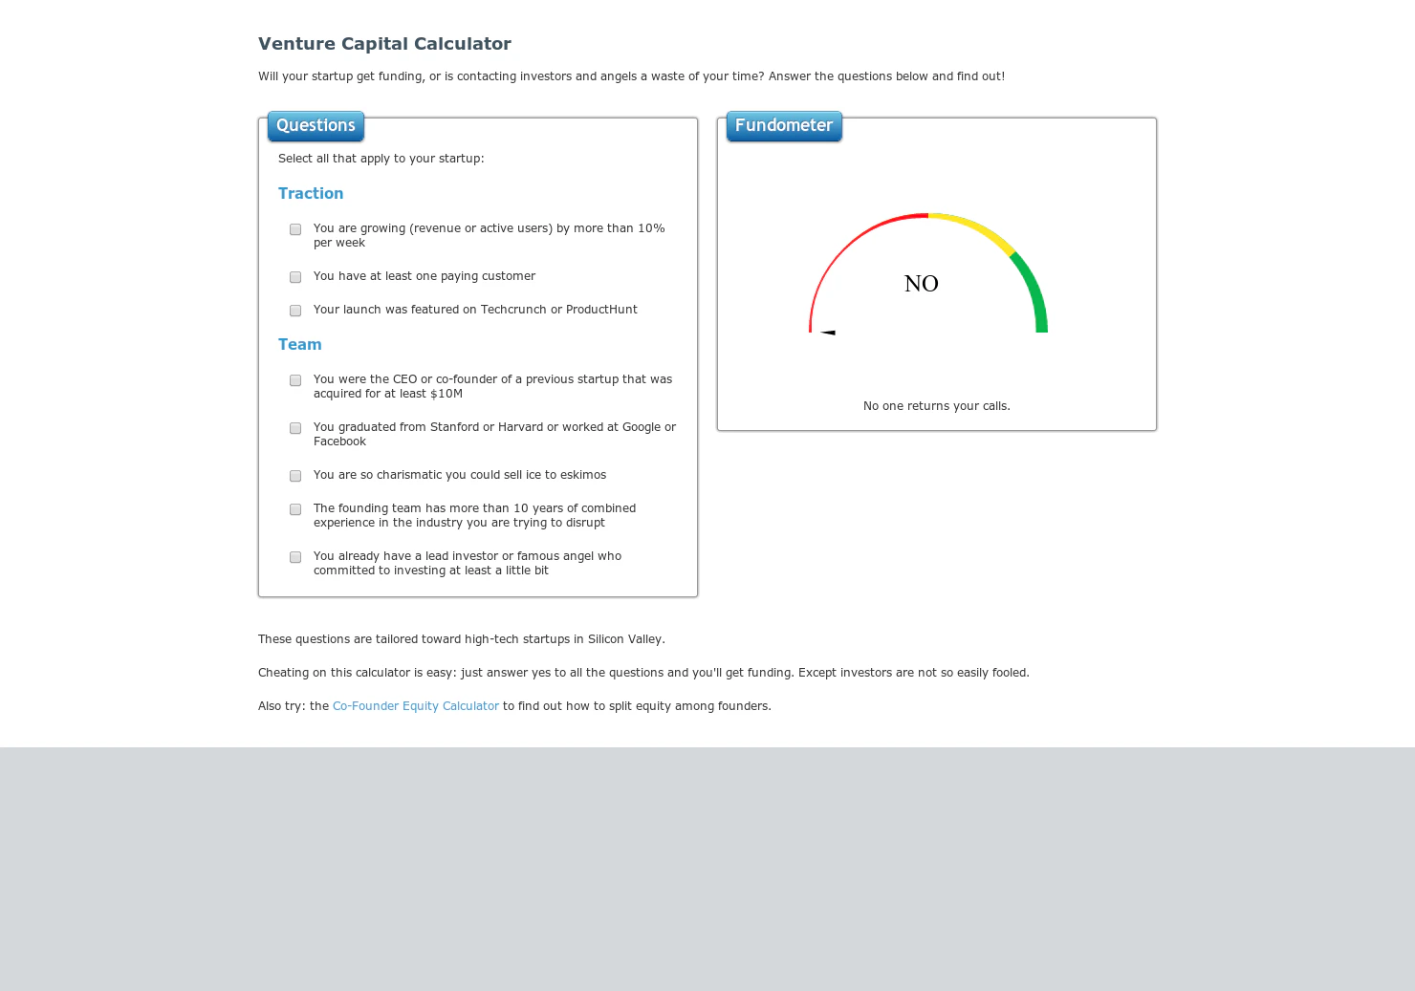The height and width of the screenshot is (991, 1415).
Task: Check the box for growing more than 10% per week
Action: (x=295, y=229)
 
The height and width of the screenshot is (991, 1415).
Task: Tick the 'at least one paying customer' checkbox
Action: (x=295, y=277)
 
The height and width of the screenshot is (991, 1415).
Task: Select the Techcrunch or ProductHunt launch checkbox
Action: (x=295, y=311)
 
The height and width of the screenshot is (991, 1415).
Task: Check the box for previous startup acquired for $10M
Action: (x=295, y=380)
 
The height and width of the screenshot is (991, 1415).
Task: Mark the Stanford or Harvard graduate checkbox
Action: (x=295, y=428)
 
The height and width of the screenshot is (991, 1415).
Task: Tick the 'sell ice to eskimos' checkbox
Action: (x=295, y=476)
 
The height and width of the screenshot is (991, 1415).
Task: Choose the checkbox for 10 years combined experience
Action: (x=295, y=509)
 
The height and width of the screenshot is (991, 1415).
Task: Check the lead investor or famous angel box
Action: (x=295, y=557)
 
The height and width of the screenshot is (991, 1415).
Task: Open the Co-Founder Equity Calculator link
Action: (x=415, y=706)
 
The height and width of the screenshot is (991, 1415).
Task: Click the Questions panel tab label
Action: (x=316, y=126)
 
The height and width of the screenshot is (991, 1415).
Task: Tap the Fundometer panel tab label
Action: (x=784, y=126)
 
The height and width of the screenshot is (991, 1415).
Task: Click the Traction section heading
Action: (x=311, y=194)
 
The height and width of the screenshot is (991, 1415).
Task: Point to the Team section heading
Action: (x=300, y=345)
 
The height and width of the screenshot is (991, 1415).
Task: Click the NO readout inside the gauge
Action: (x=922, y=284)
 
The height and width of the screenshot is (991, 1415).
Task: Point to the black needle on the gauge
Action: (x=828, y=333)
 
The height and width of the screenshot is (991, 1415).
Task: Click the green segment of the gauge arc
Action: (x=1034, y=291)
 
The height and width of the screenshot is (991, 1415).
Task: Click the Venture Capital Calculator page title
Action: (x=384, y=44)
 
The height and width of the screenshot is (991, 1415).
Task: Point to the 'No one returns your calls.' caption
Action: (x=936, y=406)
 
